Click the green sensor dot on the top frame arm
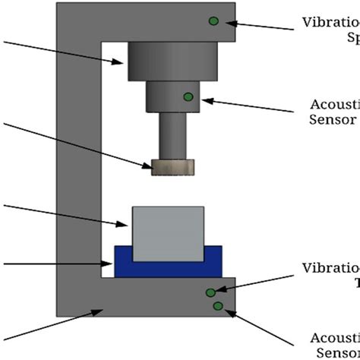[x=214, y=21]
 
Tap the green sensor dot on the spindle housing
[x=188, y=96]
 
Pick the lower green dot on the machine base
[x=219, y=306]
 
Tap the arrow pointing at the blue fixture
[x=53, y=265]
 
